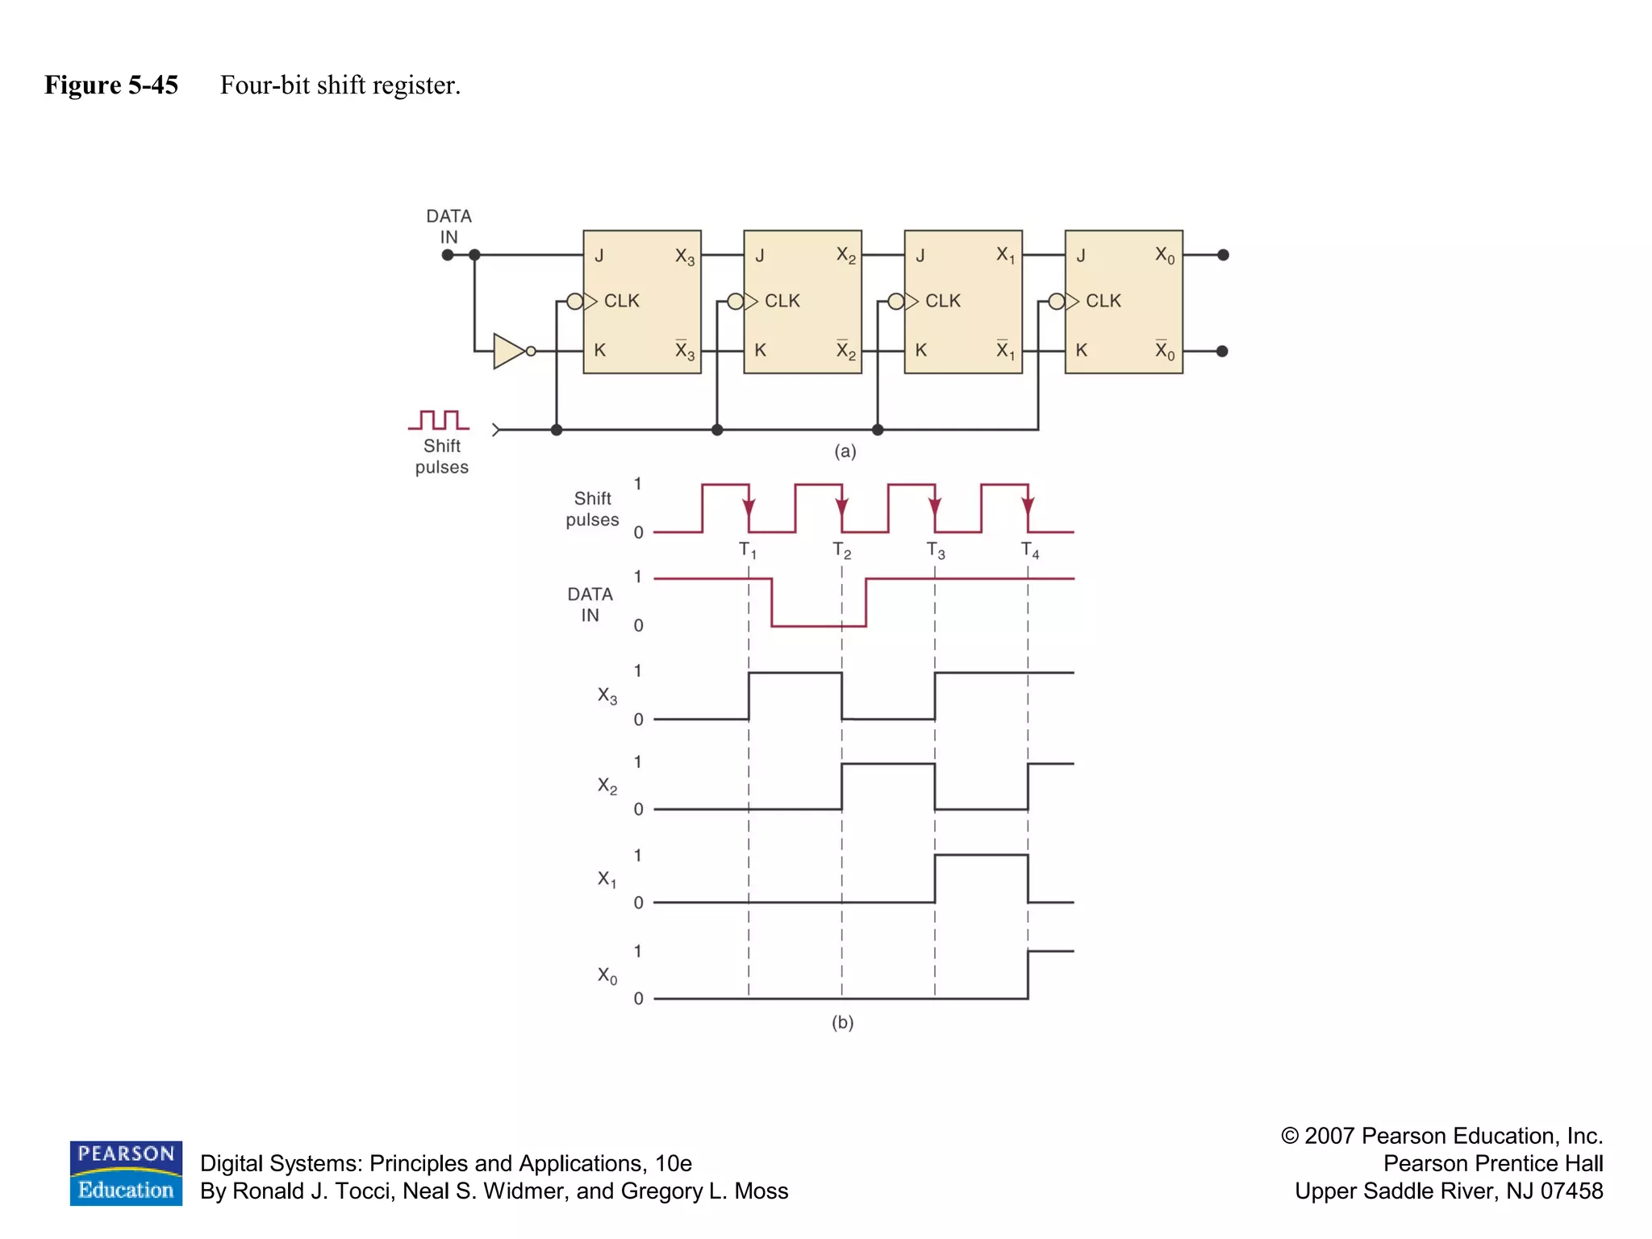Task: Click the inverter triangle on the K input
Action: tap(508, 351)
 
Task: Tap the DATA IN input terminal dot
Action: tap(448, 255)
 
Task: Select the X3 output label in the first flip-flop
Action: tap(684, 257)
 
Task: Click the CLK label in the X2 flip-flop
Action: tap(782, 301)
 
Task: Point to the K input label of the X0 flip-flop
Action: tap(1081, 350)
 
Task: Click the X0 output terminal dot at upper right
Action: tap(1223, 255)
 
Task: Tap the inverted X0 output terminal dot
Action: tap(1222, 351)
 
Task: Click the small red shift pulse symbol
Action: tap(439, 419)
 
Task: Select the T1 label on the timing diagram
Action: tap(748, 551)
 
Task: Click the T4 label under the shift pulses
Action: tap(1029, 551)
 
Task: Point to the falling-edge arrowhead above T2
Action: tap(841, 507)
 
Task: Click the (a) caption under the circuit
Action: tap(845, 451)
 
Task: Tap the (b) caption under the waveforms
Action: tap(842, 1022)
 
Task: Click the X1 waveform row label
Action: tap(607, 878)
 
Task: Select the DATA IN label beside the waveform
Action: tap(590, 604)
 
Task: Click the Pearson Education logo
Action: tap(126, 1173)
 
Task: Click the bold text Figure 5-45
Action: tap(111, 85)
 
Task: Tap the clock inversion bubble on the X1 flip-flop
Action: tap(895, 302)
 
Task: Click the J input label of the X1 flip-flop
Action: tap(920, 256)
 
